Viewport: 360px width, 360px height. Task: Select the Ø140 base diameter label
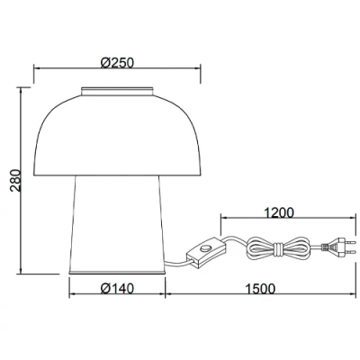(x=118, y=289)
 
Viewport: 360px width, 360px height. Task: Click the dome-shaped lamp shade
(x=118, y=135)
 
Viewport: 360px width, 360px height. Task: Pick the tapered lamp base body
(x=118, y=225)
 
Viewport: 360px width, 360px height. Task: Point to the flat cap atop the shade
(x=118, y=91)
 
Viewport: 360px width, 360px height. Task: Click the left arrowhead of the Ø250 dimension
(x=37, y=70)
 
